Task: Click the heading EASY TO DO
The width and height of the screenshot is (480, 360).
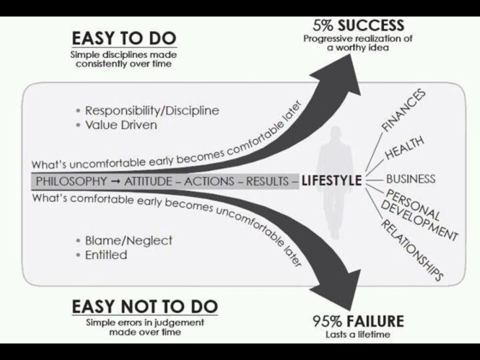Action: (x=124, y=38)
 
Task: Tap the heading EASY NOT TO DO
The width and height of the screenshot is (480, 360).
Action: (x=145, y=306)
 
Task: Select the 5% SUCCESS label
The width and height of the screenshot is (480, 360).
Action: (x=359, y=26)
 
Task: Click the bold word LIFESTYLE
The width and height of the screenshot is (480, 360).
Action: (x=331, y=182)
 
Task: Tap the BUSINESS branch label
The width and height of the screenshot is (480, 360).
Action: (x=411, y=179)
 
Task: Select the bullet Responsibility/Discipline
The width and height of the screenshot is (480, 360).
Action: (x=152, y=111)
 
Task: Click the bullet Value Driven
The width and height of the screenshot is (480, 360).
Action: (x=121, y=125)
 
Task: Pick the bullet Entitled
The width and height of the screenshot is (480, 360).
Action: (x=106, y=255)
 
